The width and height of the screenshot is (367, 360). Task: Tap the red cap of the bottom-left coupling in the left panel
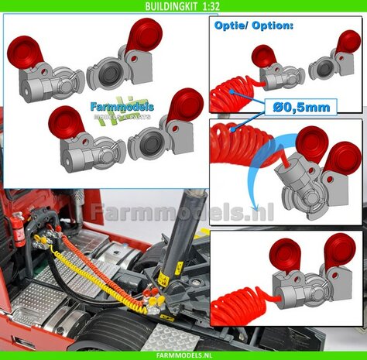point(63,122)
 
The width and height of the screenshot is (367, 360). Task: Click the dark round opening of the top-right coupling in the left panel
point(105,76)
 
